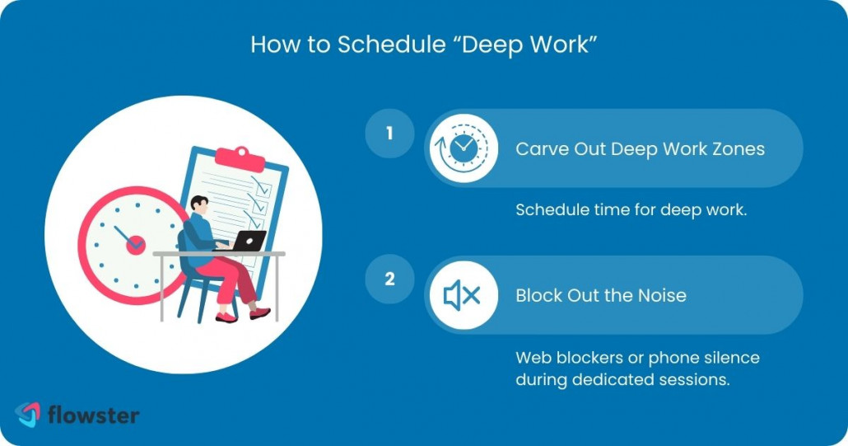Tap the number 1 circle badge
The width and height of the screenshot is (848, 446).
pyautogui.click(x=389, y=132)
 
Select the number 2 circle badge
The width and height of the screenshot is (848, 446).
pyautogui.click(x=389, y=279)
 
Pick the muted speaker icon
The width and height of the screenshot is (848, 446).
pyautogui.click(x=463, y=295)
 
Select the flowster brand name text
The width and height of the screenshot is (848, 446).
pyautogui.click(x=92, y=414)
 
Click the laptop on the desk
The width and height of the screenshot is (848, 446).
pyautogui.click(x=248, y=241)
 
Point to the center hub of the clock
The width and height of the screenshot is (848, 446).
pyautogui.click(x=136, y=244)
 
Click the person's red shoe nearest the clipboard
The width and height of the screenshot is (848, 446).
pyautogui.click(x=259, y=313)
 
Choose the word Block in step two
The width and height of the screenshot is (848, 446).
pyautogui.click(x=539, y=295)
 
